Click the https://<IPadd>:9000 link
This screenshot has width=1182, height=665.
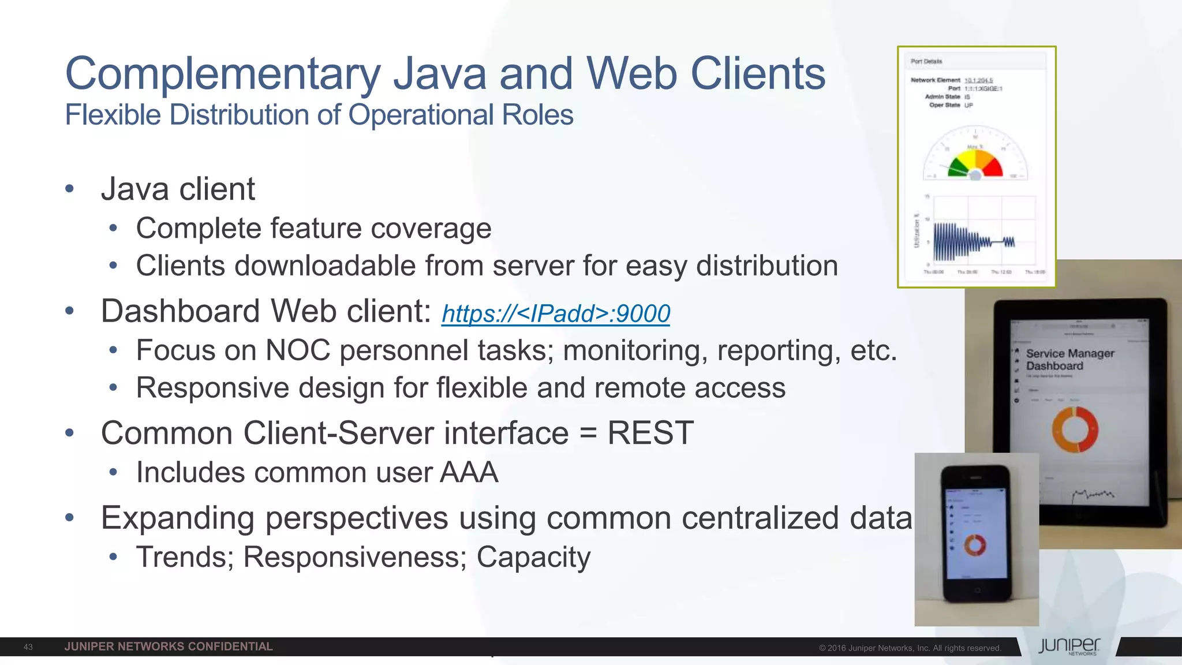point(555,313)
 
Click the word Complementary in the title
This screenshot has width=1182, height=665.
point(223,74)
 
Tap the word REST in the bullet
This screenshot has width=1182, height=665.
point(650,433)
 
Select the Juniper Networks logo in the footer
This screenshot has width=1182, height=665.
point(1069,647)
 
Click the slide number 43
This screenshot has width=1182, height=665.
point(28,647)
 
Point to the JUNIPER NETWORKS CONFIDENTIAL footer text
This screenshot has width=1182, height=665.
point(169,647)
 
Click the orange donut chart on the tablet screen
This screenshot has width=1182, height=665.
point(1075,429)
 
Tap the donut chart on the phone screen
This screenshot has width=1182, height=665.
point(975,545)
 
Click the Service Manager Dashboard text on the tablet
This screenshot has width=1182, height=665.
point(1069,360)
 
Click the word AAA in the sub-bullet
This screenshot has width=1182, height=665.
point(469,472)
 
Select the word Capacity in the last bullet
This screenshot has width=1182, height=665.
point(533,557)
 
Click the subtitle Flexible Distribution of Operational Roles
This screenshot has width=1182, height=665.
point(319,115)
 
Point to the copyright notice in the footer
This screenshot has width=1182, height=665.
point(910,648)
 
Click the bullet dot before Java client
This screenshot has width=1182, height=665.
point(70,189)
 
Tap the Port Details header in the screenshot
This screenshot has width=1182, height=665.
point(926,61)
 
